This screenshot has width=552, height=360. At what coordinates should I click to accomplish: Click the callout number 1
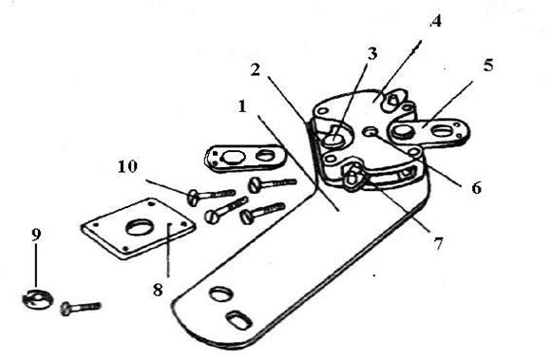pos(242,106)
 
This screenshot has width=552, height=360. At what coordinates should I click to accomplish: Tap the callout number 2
pos(256,69)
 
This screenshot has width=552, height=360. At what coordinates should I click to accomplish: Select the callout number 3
pos(372,54)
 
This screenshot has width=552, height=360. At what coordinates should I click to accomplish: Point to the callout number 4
pos(436,21)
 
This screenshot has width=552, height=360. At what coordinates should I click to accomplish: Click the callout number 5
pos(488,66)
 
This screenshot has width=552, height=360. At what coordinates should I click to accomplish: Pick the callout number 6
pos(476,188)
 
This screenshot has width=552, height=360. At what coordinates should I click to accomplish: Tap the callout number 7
pos(438,243)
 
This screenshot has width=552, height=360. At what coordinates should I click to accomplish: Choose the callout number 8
pos(158,291)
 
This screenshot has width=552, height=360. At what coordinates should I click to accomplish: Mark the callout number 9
pos(36,235)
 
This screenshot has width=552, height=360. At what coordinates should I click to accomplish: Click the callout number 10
pos(127,166)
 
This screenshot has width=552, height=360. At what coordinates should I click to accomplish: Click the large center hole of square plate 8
pos(139,228)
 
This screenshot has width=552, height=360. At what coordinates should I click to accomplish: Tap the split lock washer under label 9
pos(36,299)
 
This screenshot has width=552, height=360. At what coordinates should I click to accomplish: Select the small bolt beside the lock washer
pos(81,308)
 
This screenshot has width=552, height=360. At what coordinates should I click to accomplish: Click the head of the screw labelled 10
pos(193,198)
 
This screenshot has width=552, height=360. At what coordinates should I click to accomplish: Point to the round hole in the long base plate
pos(220,294)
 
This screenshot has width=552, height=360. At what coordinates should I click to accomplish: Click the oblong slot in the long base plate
pos(238,320)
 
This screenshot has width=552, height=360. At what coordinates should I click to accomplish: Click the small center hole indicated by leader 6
pos(371,132)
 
